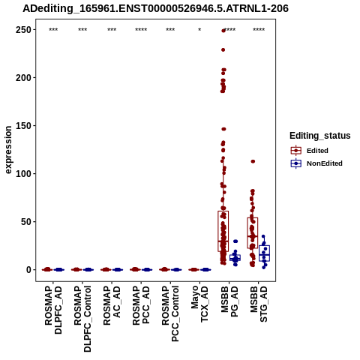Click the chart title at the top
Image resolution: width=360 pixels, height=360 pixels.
pos(155,9)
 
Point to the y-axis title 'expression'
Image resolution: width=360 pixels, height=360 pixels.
pos(8,150)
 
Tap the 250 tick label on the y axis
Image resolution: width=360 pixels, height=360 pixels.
pos(23,30)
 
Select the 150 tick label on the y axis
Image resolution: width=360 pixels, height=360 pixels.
pos(23,126)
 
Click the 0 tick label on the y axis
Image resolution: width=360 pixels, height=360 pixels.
pos(28,270)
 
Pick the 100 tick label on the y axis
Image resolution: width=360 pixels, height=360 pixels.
pos(23,174)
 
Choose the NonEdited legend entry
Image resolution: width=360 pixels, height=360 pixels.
pos(316,163)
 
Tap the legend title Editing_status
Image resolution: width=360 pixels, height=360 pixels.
pos(320,136)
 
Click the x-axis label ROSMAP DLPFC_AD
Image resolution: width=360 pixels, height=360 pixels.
pos(53,310)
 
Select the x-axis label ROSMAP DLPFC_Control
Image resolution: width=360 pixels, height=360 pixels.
pos(82,319)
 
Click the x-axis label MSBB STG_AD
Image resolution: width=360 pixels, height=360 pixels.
pos(259,304)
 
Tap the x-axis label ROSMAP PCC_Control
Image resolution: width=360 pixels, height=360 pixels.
pos(170,313)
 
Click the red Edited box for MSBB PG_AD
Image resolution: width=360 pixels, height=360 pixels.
pos(223,231)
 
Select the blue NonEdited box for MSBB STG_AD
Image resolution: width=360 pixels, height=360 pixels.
pos(264,253)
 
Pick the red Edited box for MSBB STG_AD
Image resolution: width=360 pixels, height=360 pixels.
pos(253,233)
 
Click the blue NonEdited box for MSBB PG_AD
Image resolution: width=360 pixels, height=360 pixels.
pos(235,258)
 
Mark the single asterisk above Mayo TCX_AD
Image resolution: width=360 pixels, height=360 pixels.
pos(199,30)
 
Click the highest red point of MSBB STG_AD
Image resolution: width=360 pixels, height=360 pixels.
pos(253,161)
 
